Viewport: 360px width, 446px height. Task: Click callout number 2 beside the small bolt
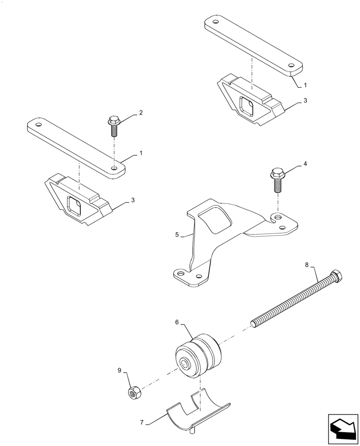(141, 113)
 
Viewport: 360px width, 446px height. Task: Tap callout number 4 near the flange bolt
(305, 164)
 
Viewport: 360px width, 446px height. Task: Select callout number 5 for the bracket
(177, 234)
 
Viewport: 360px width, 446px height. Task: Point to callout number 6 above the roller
(177, 322)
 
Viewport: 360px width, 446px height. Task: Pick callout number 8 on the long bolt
(307, 265)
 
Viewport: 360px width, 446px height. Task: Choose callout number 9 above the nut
(119, 370)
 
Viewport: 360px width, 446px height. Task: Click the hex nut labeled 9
(133, 392)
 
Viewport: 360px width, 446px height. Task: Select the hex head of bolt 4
(276, 173)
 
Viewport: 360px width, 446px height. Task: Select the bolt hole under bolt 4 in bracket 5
(278, 217)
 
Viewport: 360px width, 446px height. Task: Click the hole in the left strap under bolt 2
(115, 169)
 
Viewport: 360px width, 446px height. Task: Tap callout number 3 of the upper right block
(305, 101)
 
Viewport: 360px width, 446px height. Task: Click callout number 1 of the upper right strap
(305, 84)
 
